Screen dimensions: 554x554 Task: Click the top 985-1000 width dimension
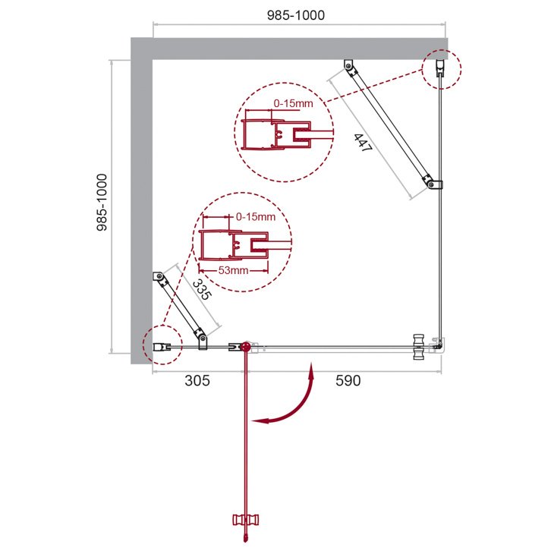point(296,15)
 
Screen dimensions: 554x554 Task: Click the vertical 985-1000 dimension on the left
point(102,203)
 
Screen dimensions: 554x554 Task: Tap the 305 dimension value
point(197,380)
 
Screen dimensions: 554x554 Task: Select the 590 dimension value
point(348,380)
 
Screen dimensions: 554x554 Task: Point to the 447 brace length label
point(363,143)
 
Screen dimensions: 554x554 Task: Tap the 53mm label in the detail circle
point(233,271)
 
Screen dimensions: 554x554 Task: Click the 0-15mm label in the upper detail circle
point(293,103)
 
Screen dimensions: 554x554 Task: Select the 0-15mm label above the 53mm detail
point(256,216)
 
